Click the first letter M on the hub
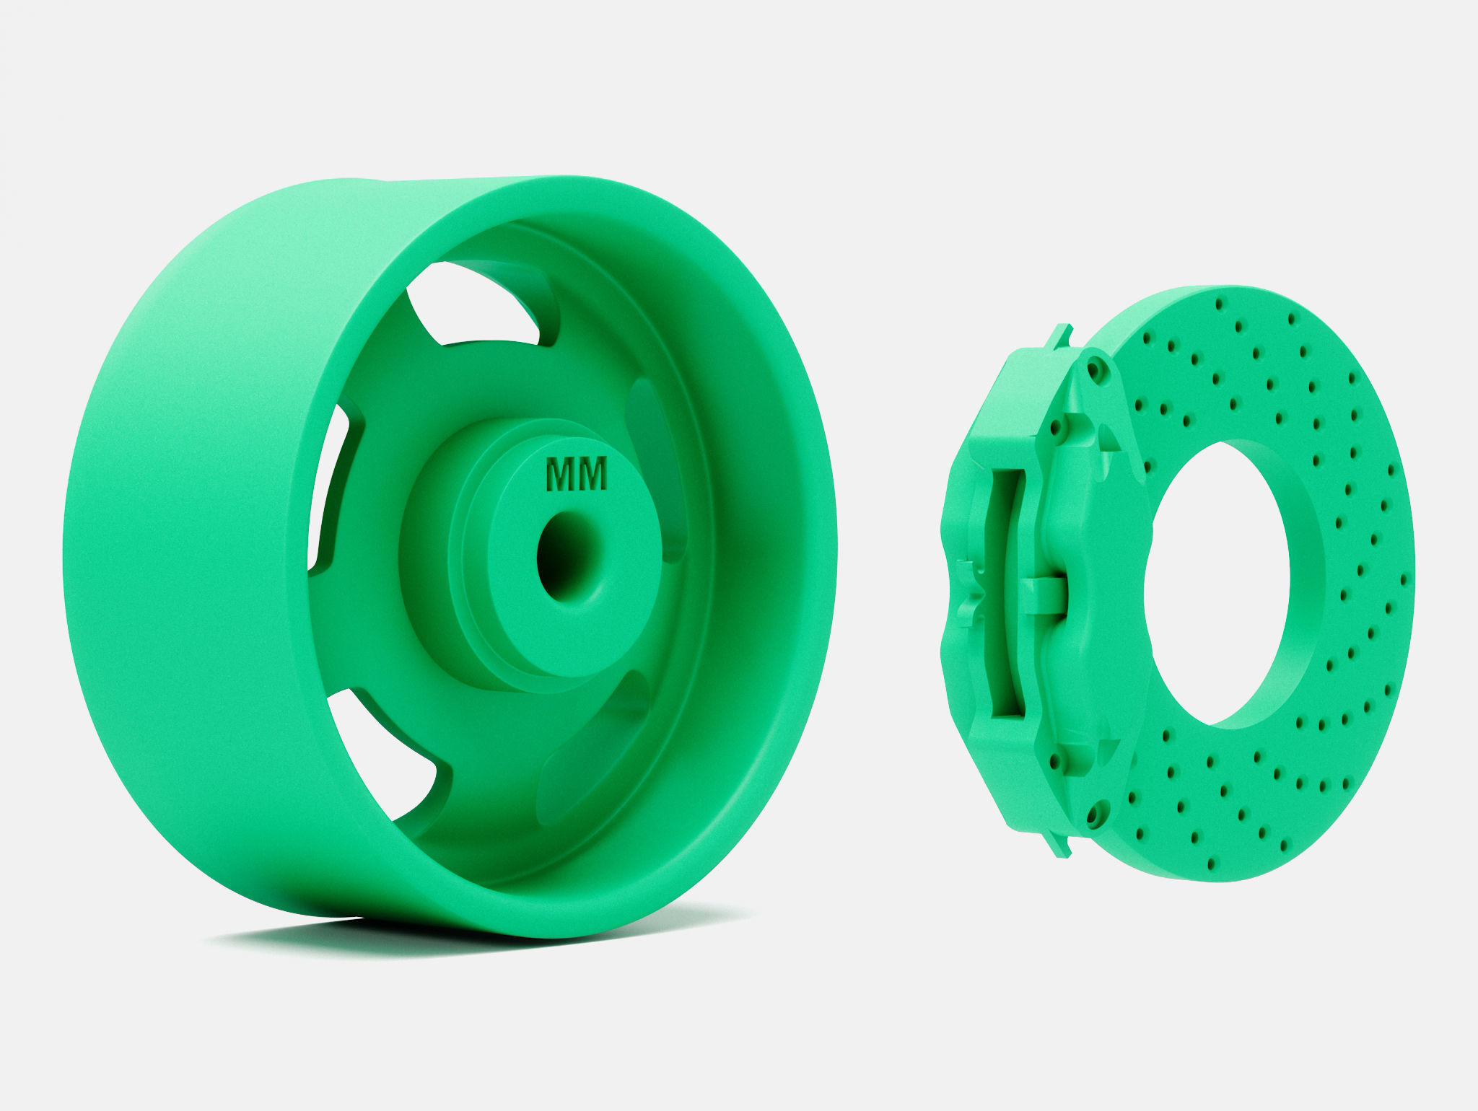point(561,475)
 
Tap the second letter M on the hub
point(592,475)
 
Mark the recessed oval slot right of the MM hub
point(653,469)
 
